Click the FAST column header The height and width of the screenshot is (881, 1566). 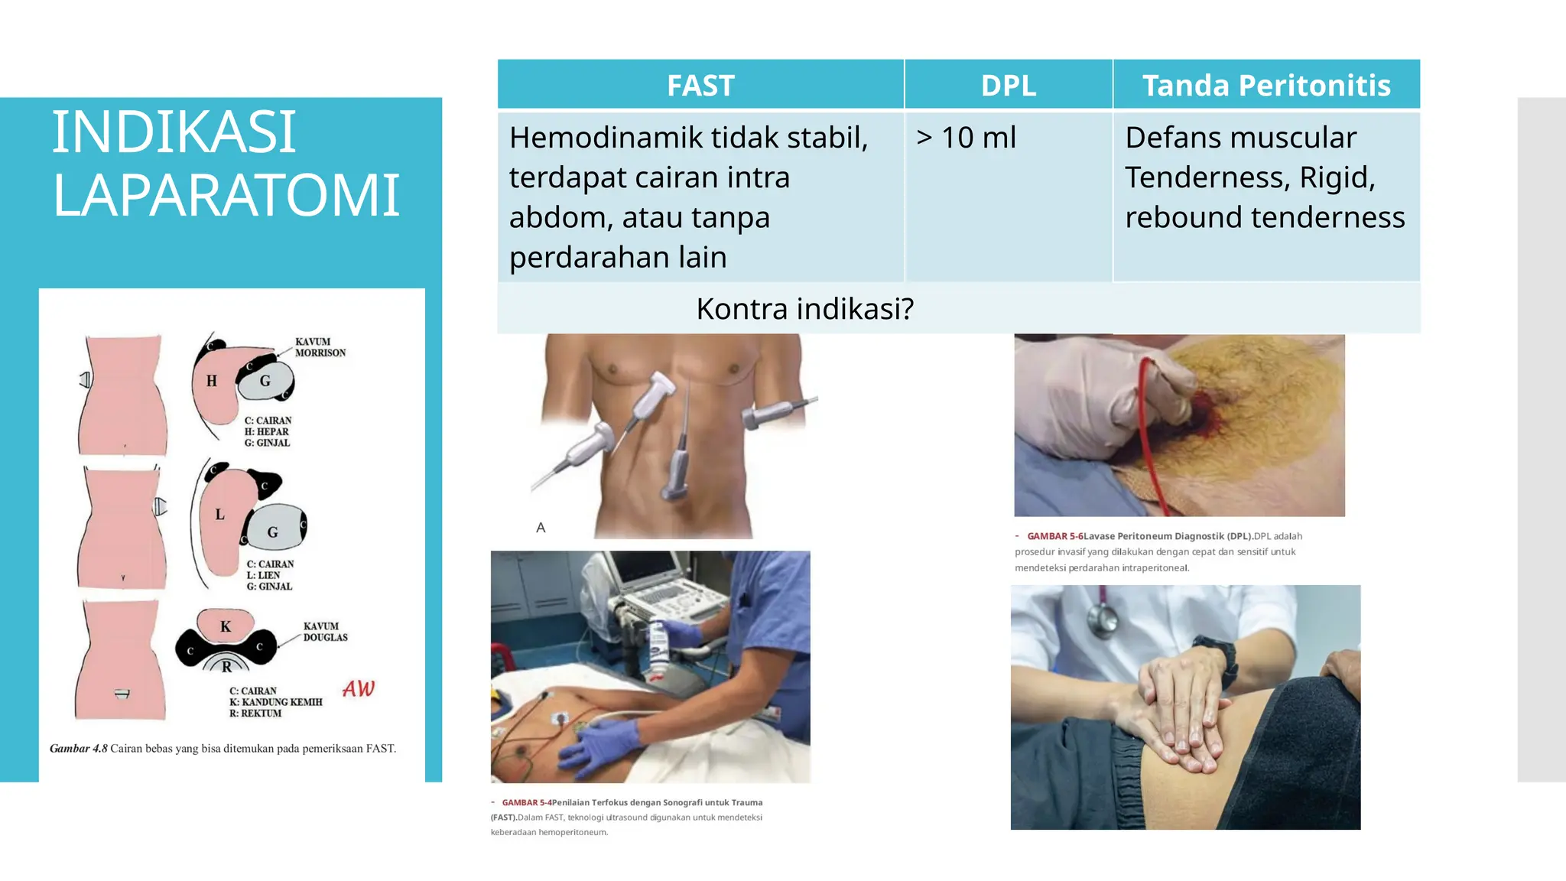(700, 85)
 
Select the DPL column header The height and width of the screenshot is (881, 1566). (1008, 85)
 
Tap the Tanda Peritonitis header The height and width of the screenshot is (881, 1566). (1265, 85)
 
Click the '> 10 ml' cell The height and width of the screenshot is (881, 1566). (966, 138)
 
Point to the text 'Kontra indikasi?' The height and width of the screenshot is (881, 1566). (804, 308)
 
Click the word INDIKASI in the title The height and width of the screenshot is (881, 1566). (174, 132)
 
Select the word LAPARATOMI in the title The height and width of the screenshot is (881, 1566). (226, 195)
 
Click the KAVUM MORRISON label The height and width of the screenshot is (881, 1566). (320, 347)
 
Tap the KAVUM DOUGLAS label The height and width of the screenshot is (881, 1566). (325, 632)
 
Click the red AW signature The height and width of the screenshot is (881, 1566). (359, 689)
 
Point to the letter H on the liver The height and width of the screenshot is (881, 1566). (212, 381)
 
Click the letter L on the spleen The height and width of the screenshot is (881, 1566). (219, 515)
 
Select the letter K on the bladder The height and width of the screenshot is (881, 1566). (226, 627)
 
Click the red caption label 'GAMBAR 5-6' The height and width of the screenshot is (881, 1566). (1054, 536)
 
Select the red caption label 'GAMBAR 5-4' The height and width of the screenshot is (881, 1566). (527, 802)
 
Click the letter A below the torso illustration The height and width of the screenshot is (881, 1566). (541, 528)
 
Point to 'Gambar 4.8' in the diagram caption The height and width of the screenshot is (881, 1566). (79, 749)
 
